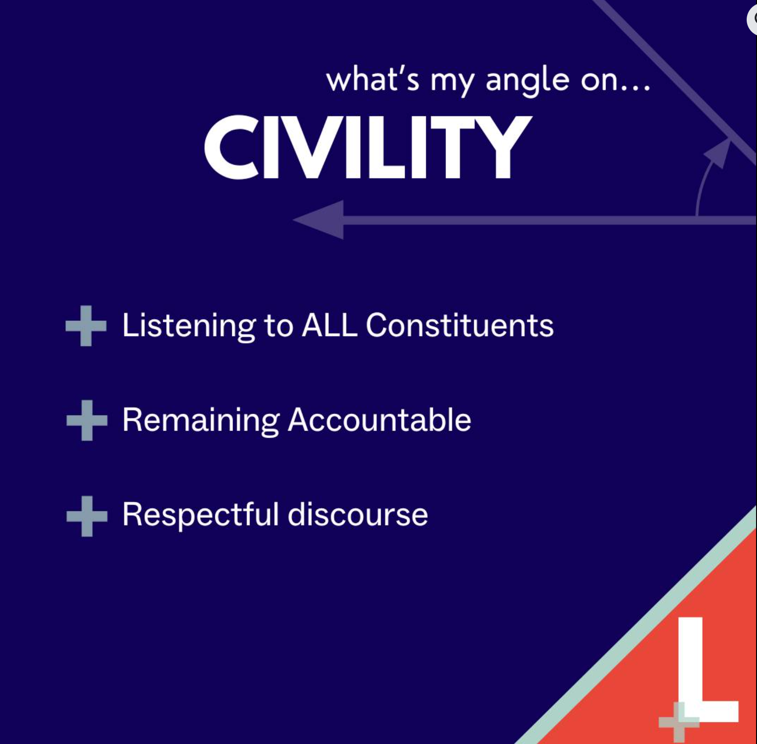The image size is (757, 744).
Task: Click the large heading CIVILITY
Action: click(x=368, y=147)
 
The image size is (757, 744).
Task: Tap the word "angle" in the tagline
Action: click(x=528, y=81)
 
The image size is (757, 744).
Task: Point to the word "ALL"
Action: click(x=329, y=325)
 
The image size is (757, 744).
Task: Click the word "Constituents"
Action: click(x=460, y=325)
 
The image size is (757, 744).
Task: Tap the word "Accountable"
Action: click(x=379, y=419)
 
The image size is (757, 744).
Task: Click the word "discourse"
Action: click(x=357, y=514)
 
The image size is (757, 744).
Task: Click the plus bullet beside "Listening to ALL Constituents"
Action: click(x=86, y=326)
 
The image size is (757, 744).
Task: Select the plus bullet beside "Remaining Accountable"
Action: click(x=87, y=421)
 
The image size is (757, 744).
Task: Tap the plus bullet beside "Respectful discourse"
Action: click(x=87, y=516)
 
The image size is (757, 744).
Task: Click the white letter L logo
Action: click(x=704, y=671)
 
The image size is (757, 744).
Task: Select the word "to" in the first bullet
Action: click(x=279, y=326)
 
